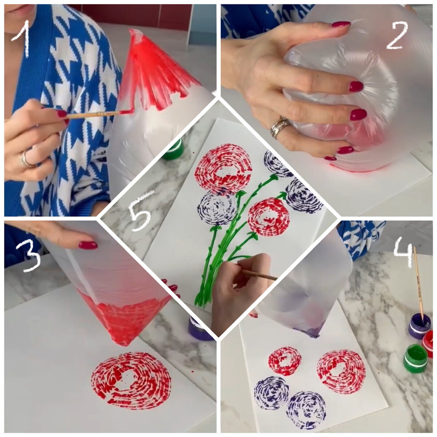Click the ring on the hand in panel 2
point(280,127)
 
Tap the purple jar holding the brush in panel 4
point(419,326)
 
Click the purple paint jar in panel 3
point(199,328)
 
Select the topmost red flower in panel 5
point(223,169)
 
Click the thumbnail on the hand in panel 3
point(88,245)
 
